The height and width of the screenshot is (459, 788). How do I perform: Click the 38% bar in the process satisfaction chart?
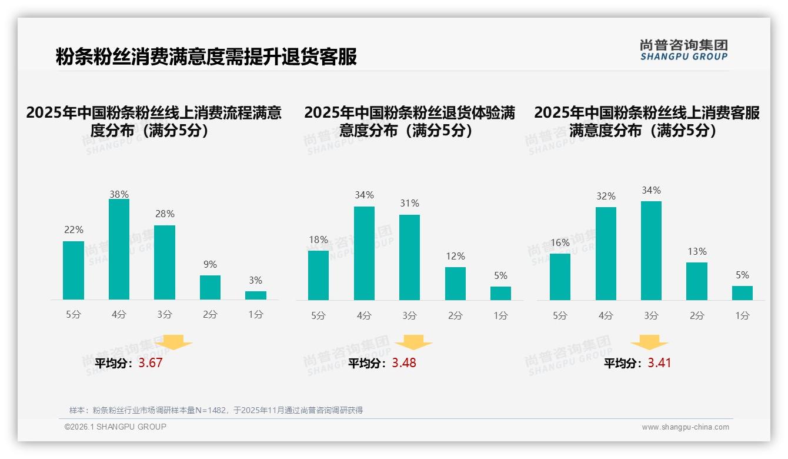[x=119, y=250]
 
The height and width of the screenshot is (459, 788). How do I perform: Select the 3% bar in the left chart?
[x=256, y=295]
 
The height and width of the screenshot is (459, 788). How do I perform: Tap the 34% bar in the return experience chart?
[x=364, y=253]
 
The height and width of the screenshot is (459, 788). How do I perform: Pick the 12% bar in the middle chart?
[x=455, y=284]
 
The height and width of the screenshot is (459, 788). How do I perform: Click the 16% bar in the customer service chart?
[x=560, y=277]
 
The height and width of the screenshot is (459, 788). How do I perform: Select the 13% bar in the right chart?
[x=697, y=281]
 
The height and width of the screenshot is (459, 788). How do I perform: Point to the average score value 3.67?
[x=151, y=363]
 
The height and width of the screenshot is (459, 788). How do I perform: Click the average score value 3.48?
[x=404, y=363]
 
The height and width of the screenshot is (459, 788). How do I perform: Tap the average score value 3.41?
[x=659, y=363]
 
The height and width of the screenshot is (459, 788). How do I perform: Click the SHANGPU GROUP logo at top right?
[x=684, y=50]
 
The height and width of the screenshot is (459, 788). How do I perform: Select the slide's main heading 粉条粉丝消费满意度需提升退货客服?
[x=206, y=57]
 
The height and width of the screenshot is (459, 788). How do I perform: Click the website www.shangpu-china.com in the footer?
[x=685, y=427]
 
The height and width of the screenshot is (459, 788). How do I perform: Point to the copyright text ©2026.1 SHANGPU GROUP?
[x=115, y=427]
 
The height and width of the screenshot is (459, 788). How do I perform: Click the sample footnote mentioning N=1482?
[x=216, y=410]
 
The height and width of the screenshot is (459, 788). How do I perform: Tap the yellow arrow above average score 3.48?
[x=413, y=342]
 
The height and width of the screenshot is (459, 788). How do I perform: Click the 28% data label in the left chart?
[x=165, y=214]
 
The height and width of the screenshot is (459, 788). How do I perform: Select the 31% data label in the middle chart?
[x=409, y=204]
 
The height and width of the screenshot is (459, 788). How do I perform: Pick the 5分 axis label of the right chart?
[x=560, y=316]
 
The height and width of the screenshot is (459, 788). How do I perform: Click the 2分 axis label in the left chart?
[x=210, y=315]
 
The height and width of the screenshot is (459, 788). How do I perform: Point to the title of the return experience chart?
[x=409, y=121]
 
